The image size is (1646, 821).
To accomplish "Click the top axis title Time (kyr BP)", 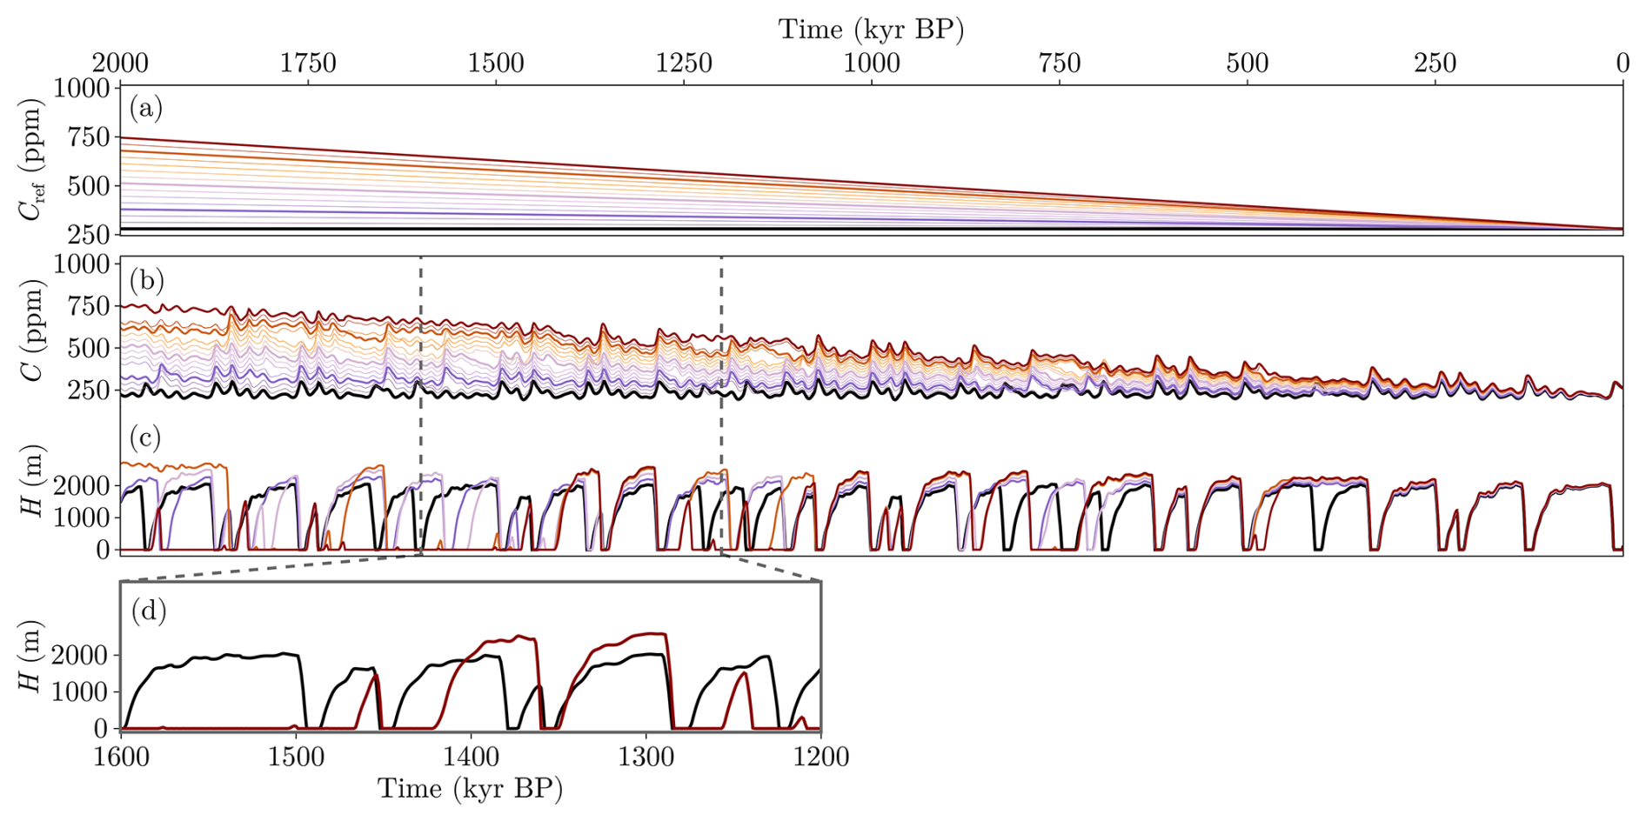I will (871, 29).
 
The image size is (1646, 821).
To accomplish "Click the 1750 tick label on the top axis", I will (308, 63).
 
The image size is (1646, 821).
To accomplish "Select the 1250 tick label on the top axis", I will (684, 63).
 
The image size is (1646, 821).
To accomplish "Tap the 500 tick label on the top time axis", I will (1247, 63).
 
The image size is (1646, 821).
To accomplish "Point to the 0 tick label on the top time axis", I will (1623, 63).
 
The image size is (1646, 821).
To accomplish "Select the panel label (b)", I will (145, 280).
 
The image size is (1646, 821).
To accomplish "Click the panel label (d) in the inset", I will (148, 611).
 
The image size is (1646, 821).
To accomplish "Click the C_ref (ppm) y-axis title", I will (32, 160).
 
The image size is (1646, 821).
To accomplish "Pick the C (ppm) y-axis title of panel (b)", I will (32, 330).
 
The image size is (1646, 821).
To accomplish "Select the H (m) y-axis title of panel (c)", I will (32, 481).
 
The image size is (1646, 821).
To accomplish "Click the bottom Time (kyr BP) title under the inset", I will (470, 789).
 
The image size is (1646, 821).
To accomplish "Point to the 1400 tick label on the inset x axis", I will (471, 757).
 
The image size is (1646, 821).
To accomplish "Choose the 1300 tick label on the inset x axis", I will (646, 757).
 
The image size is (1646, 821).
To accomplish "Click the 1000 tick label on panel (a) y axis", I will (82, 89).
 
